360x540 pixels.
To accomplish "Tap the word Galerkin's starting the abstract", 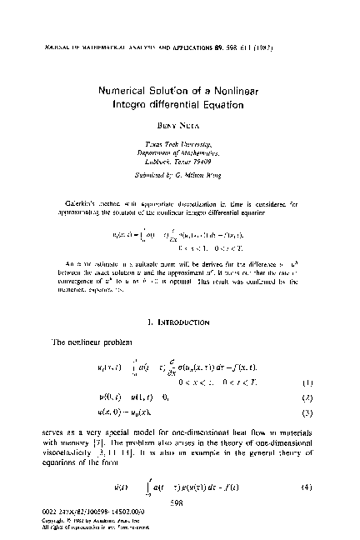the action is point(68,202).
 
